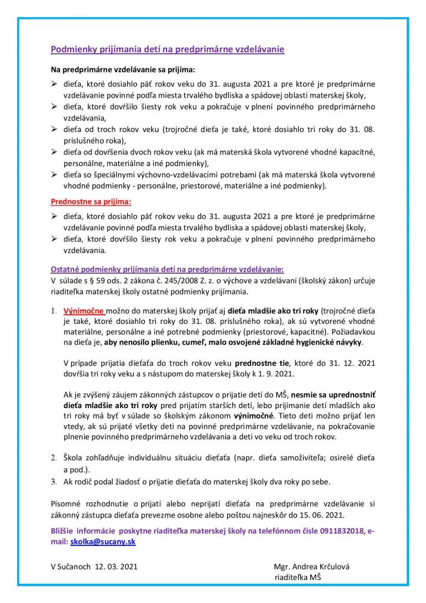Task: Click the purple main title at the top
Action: (167, 49)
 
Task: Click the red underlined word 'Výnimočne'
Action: (85, 310)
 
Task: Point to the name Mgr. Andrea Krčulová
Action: (311, 566)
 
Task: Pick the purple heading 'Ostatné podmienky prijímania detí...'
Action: (167, 269)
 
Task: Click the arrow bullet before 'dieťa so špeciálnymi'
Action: (54, 175)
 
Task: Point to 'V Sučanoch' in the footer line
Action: (69, 566)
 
